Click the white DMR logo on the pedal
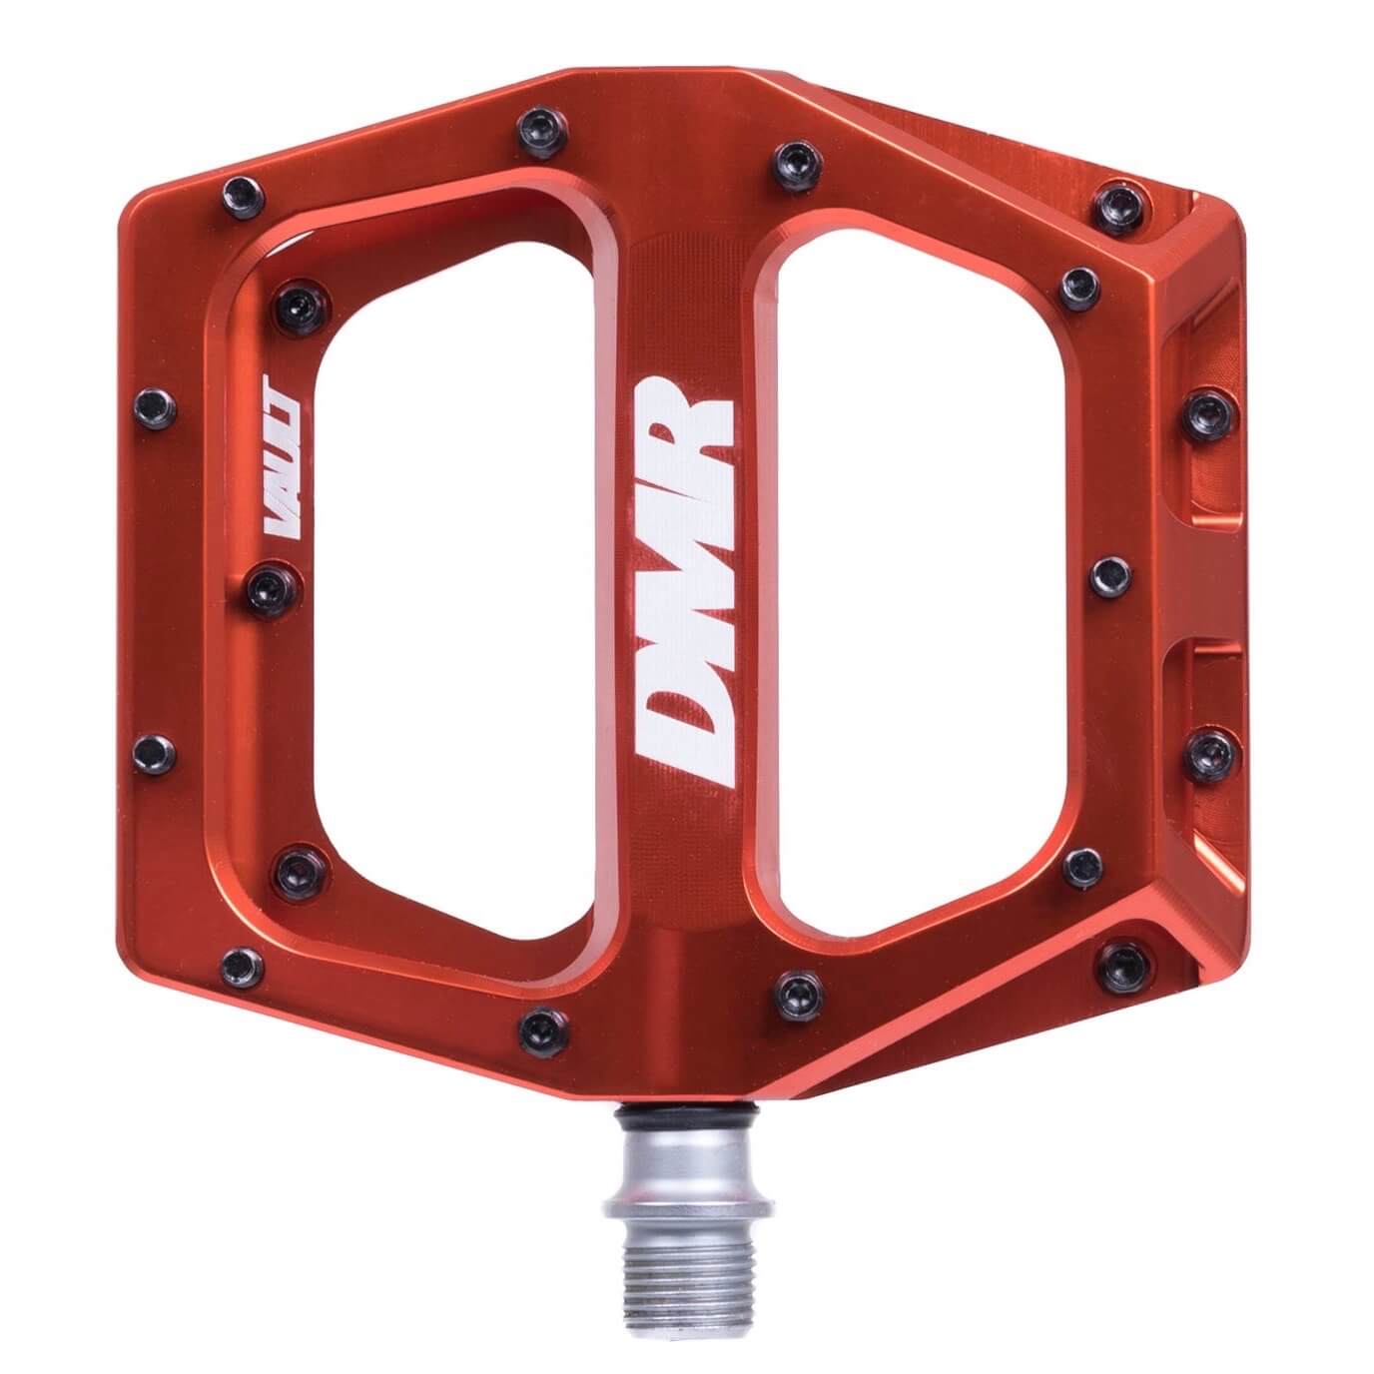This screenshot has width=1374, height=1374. coord(682,592)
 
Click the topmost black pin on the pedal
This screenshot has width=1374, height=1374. coord(542,131)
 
